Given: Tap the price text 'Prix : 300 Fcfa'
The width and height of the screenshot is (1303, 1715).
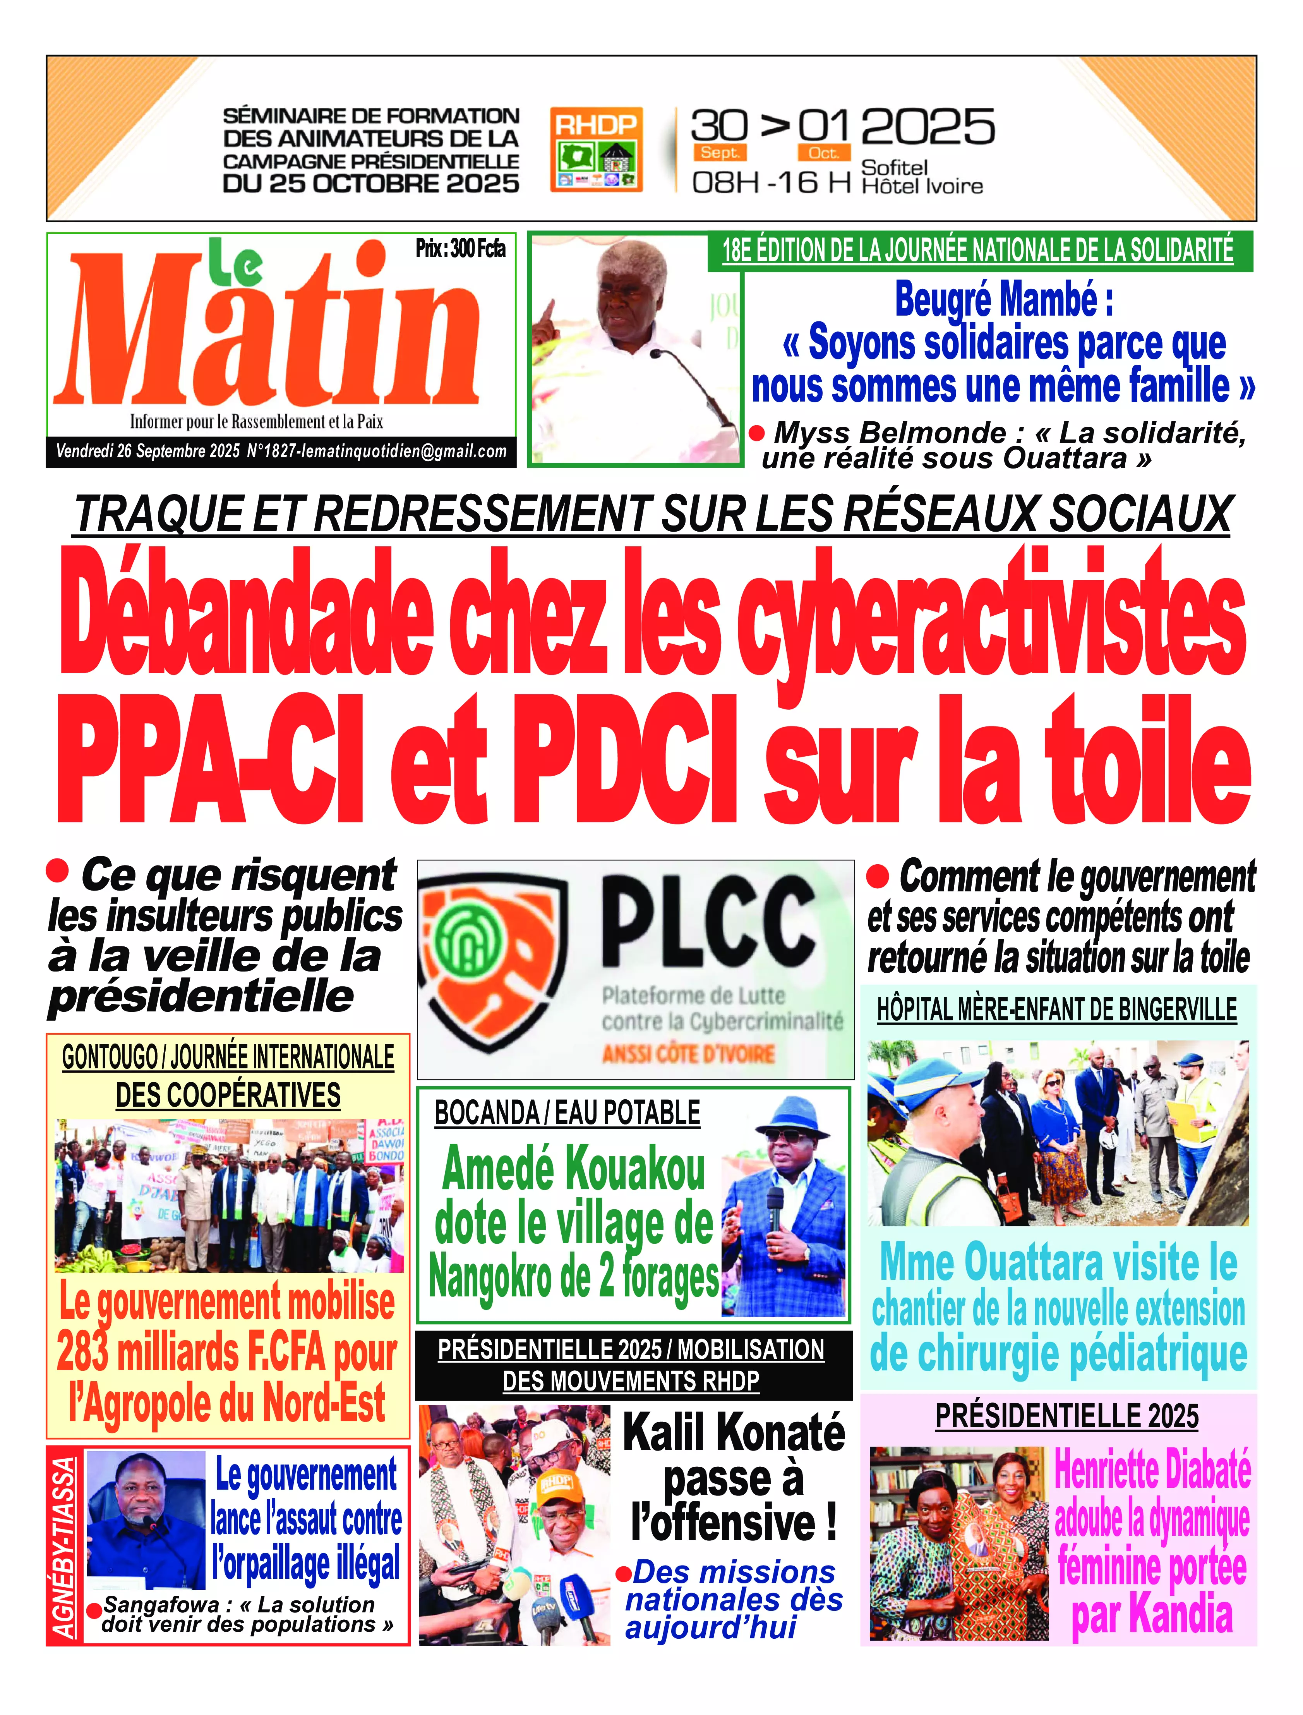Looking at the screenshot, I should pyautogui.click(x=460, y=249).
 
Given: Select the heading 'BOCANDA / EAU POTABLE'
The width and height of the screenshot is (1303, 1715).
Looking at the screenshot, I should pyautogui.click(x=567, y=1113).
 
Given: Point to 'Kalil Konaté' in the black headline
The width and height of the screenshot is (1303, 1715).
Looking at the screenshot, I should pyautogui.click(x=734, y=1433).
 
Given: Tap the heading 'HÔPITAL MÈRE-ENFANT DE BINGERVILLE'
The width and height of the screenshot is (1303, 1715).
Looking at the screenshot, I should pyautogui.click(x=1056, y=1010).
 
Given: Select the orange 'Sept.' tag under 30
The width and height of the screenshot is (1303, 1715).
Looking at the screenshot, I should pyautogui.click(x=720, y=153).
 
